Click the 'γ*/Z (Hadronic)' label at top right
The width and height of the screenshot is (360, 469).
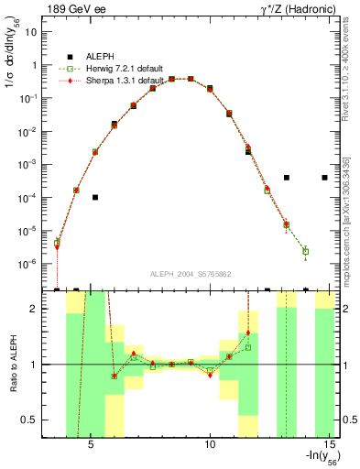tap(299, 8)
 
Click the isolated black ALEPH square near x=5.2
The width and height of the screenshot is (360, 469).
tap(95, 197)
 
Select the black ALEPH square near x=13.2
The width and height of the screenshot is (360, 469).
tap(287, 178)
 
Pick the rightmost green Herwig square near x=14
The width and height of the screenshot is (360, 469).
tap(306, 251)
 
